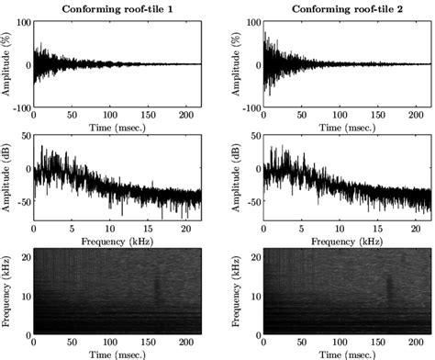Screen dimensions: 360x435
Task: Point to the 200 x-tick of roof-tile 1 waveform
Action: click(x=186, y=115)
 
